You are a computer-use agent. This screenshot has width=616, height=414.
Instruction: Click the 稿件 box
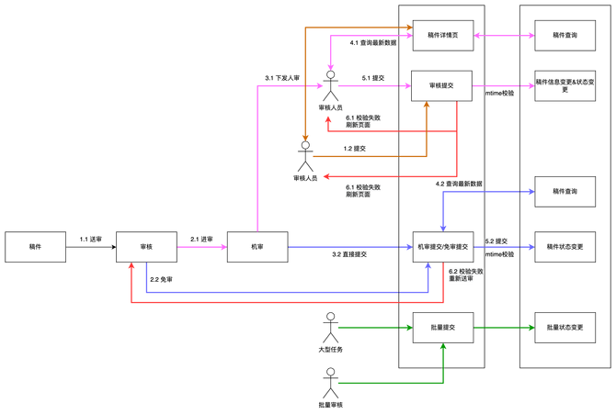(35, 247)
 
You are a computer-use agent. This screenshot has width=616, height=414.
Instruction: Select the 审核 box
(146, 247)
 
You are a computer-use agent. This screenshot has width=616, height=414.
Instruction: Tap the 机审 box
(257, 247)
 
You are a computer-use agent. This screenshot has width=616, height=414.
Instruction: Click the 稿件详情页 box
(442, 35)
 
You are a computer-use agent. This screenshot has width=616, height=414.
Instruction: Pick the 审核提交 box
(442, 85)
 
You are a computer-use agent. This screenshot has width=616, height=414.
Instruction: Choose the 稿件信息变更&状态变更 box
(565, 85)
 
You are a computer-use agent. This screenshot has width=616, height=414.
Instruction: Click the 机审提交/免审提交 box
(442, 247)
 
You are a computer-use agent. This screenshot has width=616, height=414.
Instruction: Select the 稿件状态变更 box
(565, 247)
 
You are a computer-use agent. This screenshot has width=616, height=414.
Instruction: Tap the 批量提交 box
(442, 327)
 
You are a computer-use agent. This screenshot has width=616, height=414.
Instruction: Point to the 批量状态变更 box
(565, 327)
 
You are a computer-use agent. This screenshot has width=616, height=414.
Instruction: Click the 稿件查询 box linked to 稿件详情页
(565, 35)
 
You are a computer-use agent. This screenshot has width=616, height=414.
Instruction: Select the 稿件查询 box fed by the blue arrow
(565, 191)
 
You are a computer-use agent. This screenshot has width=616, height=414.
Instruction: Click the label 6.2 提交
(496, 241)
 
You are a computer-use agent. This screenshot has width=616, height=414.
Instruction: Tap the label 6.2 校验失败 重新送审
(465, 275)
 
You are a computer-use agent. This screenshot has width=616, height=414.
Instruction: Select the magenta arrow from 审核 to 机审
(201, 246)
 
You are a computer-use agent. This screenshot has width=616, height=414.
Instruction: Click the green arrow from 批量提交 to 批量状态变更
(504, 327)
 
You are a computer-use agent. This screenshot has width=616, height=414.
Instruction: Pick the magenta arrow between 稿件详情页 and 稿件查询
(504, 36)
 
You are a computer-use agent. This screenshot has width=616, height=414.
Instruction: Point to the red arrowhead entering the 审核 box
(131, 268)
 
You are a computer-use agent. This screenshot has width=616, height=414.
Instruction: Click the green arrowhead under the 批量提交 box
(443, 349)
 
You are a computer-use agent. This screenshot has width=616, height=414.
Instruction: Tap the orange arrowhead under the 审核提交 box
(427, 107)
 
